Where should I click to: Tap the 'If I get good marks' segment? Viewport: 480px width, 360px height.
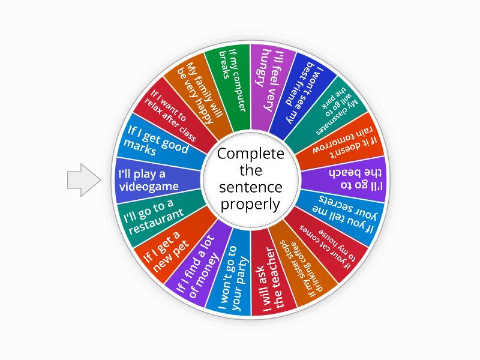click(160, 142)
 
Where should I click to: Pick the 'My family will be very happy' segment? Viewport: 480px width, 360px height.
click(199, 95)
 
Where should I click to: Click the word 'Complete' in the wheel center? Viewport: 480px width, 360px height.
click(251, 154)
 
